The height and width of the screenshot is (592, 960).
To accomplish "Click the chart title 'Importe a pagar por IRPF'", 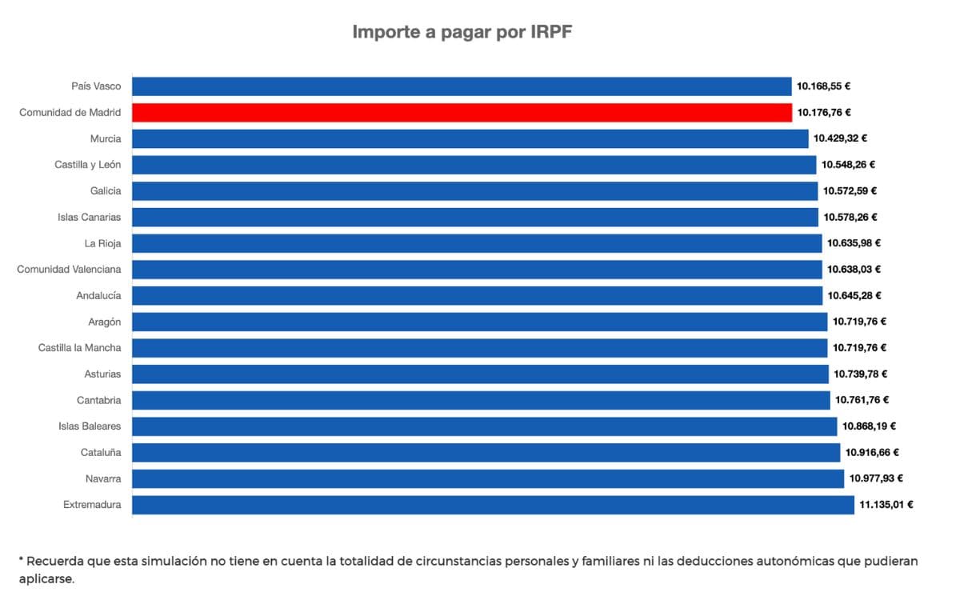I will (462, 33).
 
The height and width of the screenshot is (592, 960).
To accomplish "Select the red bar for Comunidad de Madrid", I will (462, 113).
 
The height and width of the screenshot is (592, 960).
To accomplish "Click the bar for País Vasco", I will (462, 86).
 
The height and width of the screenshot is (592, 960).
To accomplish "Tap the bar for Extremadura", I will (493, 505).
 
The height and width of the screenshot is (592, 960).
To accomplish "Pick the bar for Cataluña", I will (486, 453).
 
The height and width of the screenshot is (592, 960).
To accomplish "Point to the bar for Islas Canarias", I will (475, 217).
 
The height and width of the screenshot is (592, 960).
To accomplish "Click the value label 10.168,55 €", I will (823, 86).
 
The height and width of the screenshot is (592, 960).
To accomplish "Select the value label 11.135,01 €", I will (886, 505).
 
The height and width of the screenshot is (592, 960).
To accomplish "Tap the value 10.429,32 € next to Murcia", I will (840, 138).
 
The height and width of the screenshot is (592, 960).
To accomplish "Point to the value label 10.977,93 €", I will (876, 478).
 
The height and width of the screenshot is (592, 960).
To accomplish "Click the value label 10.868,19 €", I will (869, 426).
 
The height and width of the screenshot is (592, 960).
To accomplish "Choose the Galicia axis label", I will (106, 190).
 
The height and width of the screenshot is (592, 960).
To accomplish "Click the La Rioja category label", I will (102, 243).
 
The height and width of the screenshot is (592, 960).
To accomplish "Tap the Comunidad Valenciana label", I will (70, 270).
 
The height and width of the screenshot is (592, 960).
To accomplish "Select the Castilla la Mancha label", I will (80, 348).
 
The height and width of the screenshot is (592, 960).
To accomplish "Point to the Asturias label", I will (102, 374).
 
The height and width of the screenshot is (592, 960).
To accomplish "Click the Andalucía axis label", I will (98, 295).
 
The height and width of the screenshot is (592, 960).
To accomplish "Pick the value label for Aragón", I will (859, 322).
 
